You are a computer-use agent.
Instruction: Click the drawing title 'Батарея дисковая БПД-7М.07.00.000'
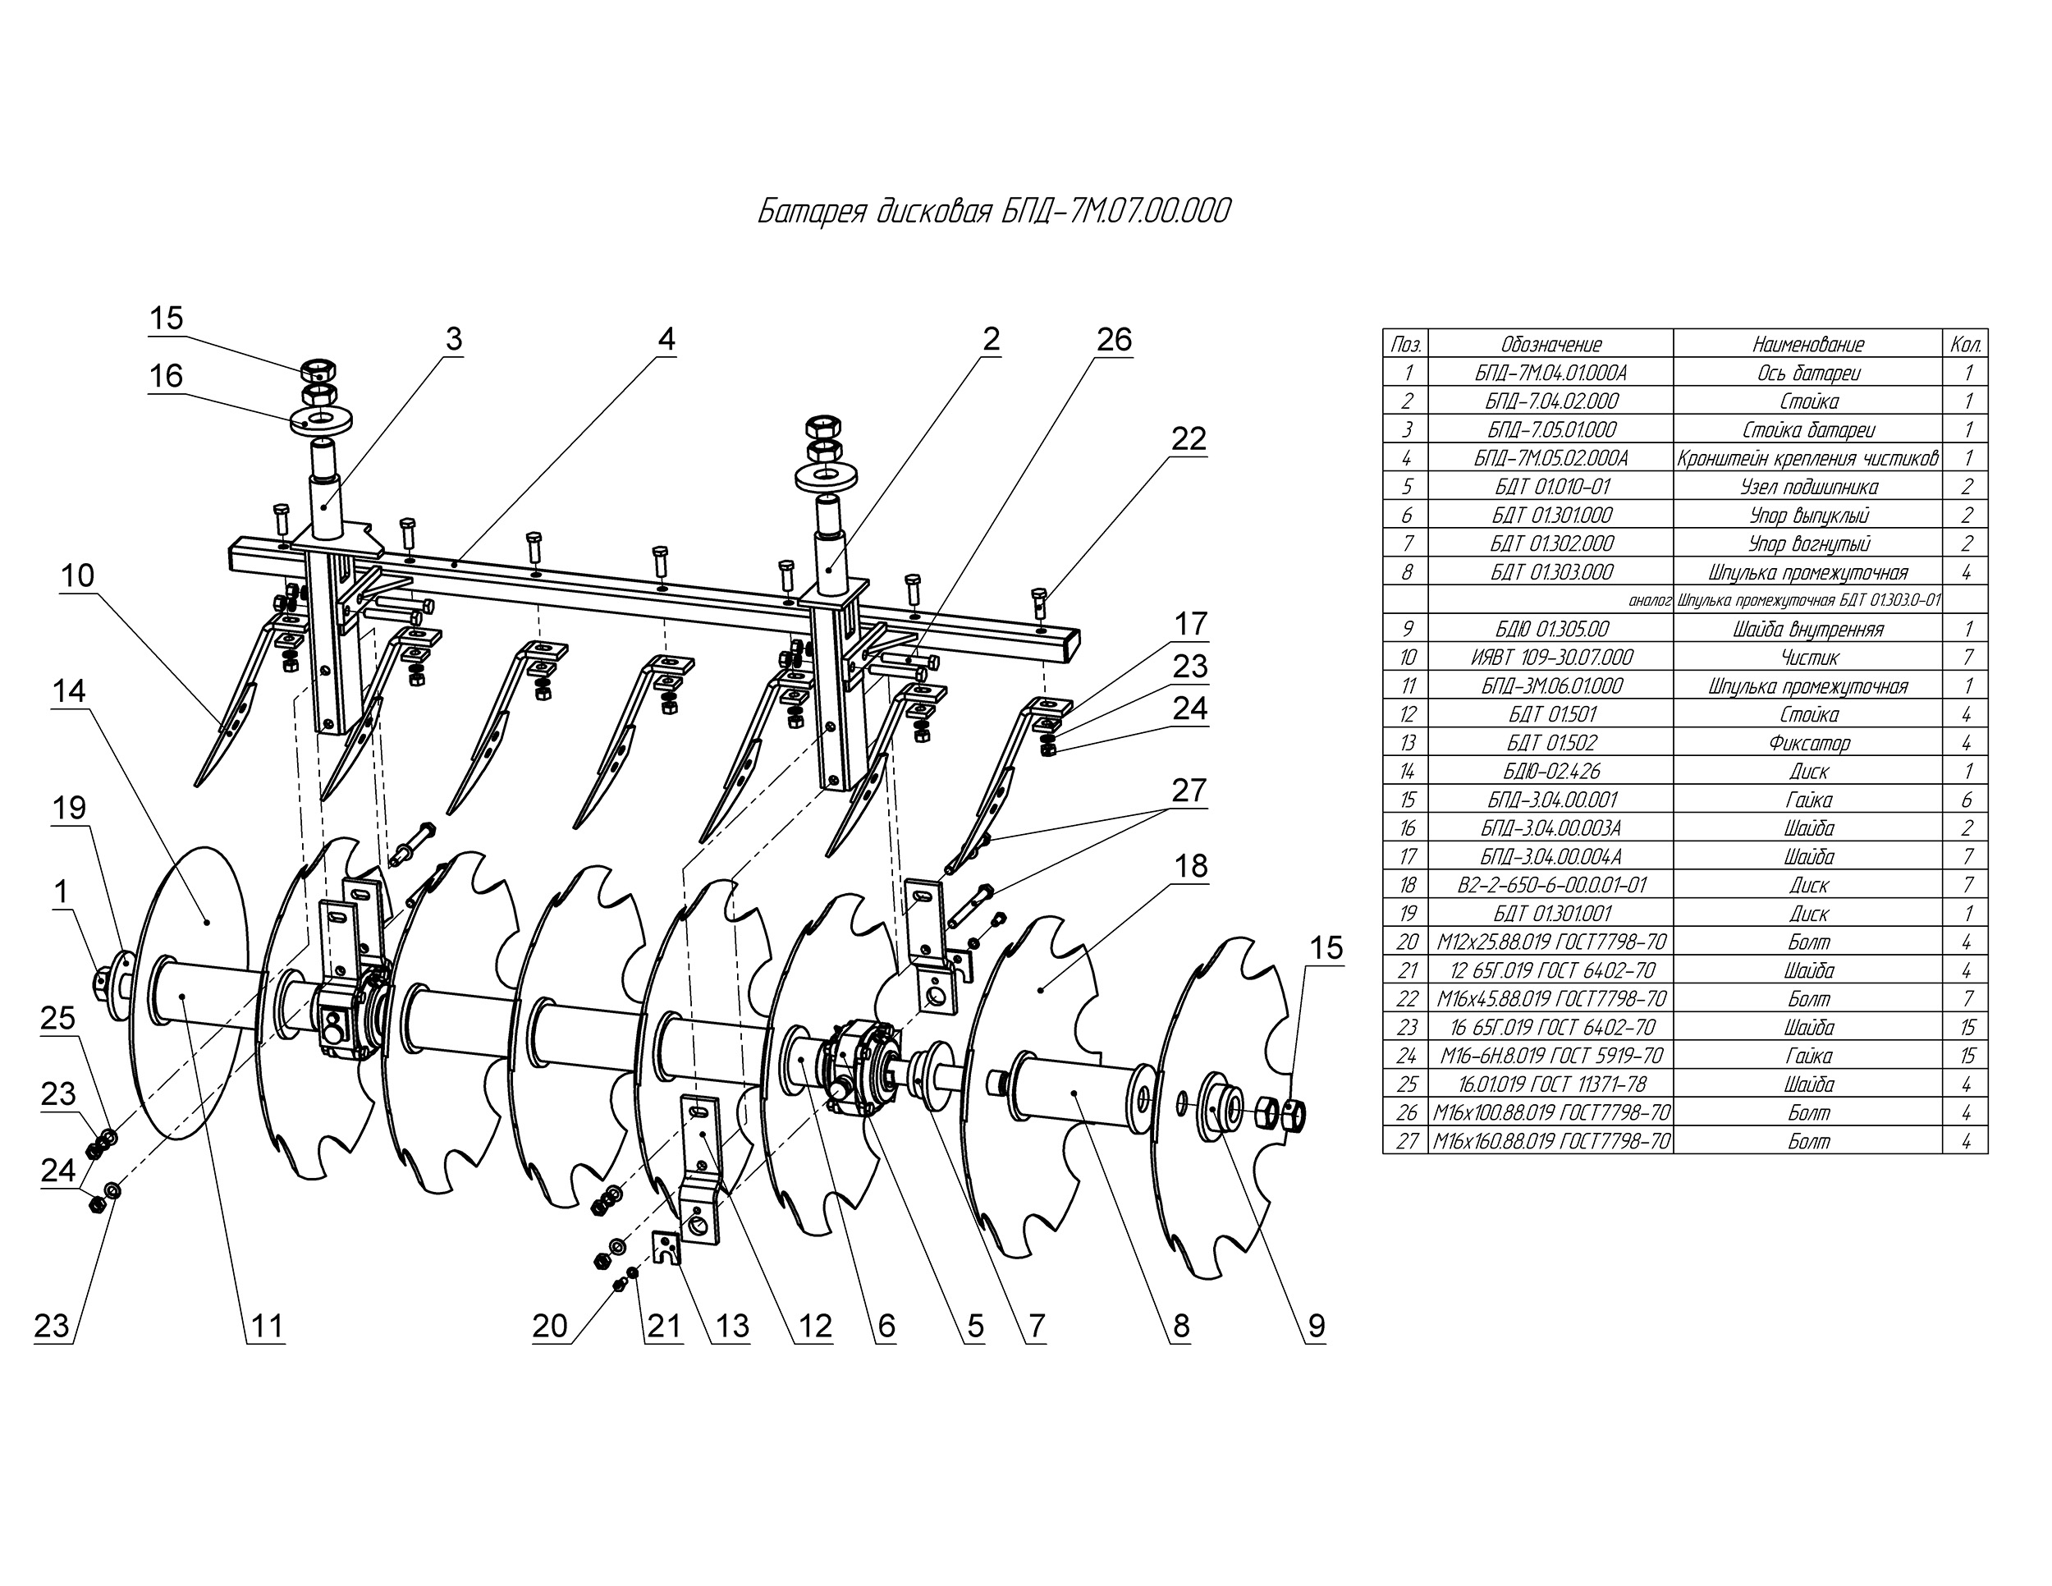(x=993, y=213)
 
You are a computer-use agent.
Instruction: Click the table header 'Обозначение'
(x=1550, y=344)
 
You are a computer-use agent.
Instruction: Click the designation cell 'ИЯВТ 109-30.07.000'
(x=1550, y=658)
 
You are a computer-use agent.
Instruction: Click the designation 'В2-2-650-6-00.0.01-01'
(x=1550, y=885)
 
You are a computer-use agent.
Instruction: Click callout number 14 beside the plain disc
(x=70, y=691)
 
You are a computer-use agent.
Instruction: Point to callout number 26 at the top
(x=1115, y=339)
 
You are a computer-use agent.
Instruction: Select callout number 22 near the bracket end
(x=1189, y=439)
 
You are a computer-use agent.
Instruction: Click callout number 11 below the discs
(x=267, y=1326)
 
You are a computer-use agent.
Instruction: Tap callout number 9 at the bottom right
(x=1317, y=1326)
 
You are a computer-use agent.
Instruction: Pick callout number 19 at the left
(x=70, y=808)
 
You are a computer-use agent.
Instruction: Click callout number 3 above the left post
(x=454, y=339)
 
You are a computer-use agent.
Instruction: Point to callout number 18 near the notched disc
(x=1191, y=865)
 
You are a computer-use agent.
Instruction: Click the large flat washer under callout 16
(x=320, y=417)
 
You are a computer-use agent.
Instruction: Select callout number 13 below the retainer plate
(x=732, y=1326)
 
